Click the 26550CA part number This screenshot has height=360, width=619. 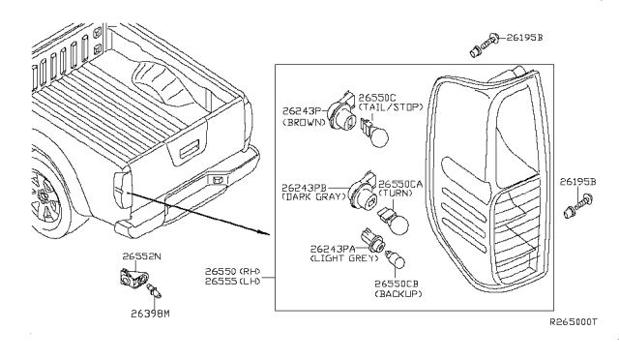399,184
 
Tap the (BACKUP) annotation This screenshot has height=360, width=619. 397,294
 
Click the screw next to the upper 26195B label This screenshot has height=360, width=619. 480,40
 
